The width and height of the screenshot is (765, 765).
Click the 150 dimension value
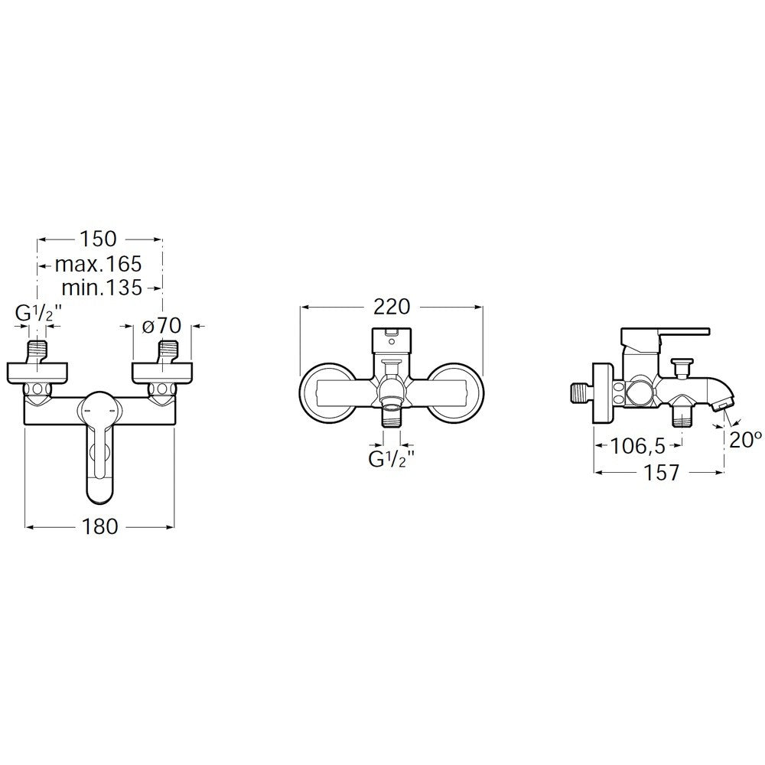[x=98, y=239]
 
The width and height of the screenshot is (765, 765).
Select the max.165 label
[x=98, y=265]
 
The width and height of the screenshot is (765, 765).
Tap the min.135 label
[x=102, y=288]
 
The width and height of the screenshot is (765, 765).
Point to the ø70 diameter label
[x=162, y=325]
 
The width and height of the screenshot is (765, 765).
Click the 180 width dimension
[x=99, y=526]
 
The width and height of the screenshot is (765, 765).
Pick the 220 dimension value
[x=392, y=307]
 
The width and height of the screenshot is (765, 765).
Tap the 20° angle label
[x=745, y=440]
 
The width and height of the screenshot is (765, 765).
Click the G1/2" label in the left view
[x=38, y=313]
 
